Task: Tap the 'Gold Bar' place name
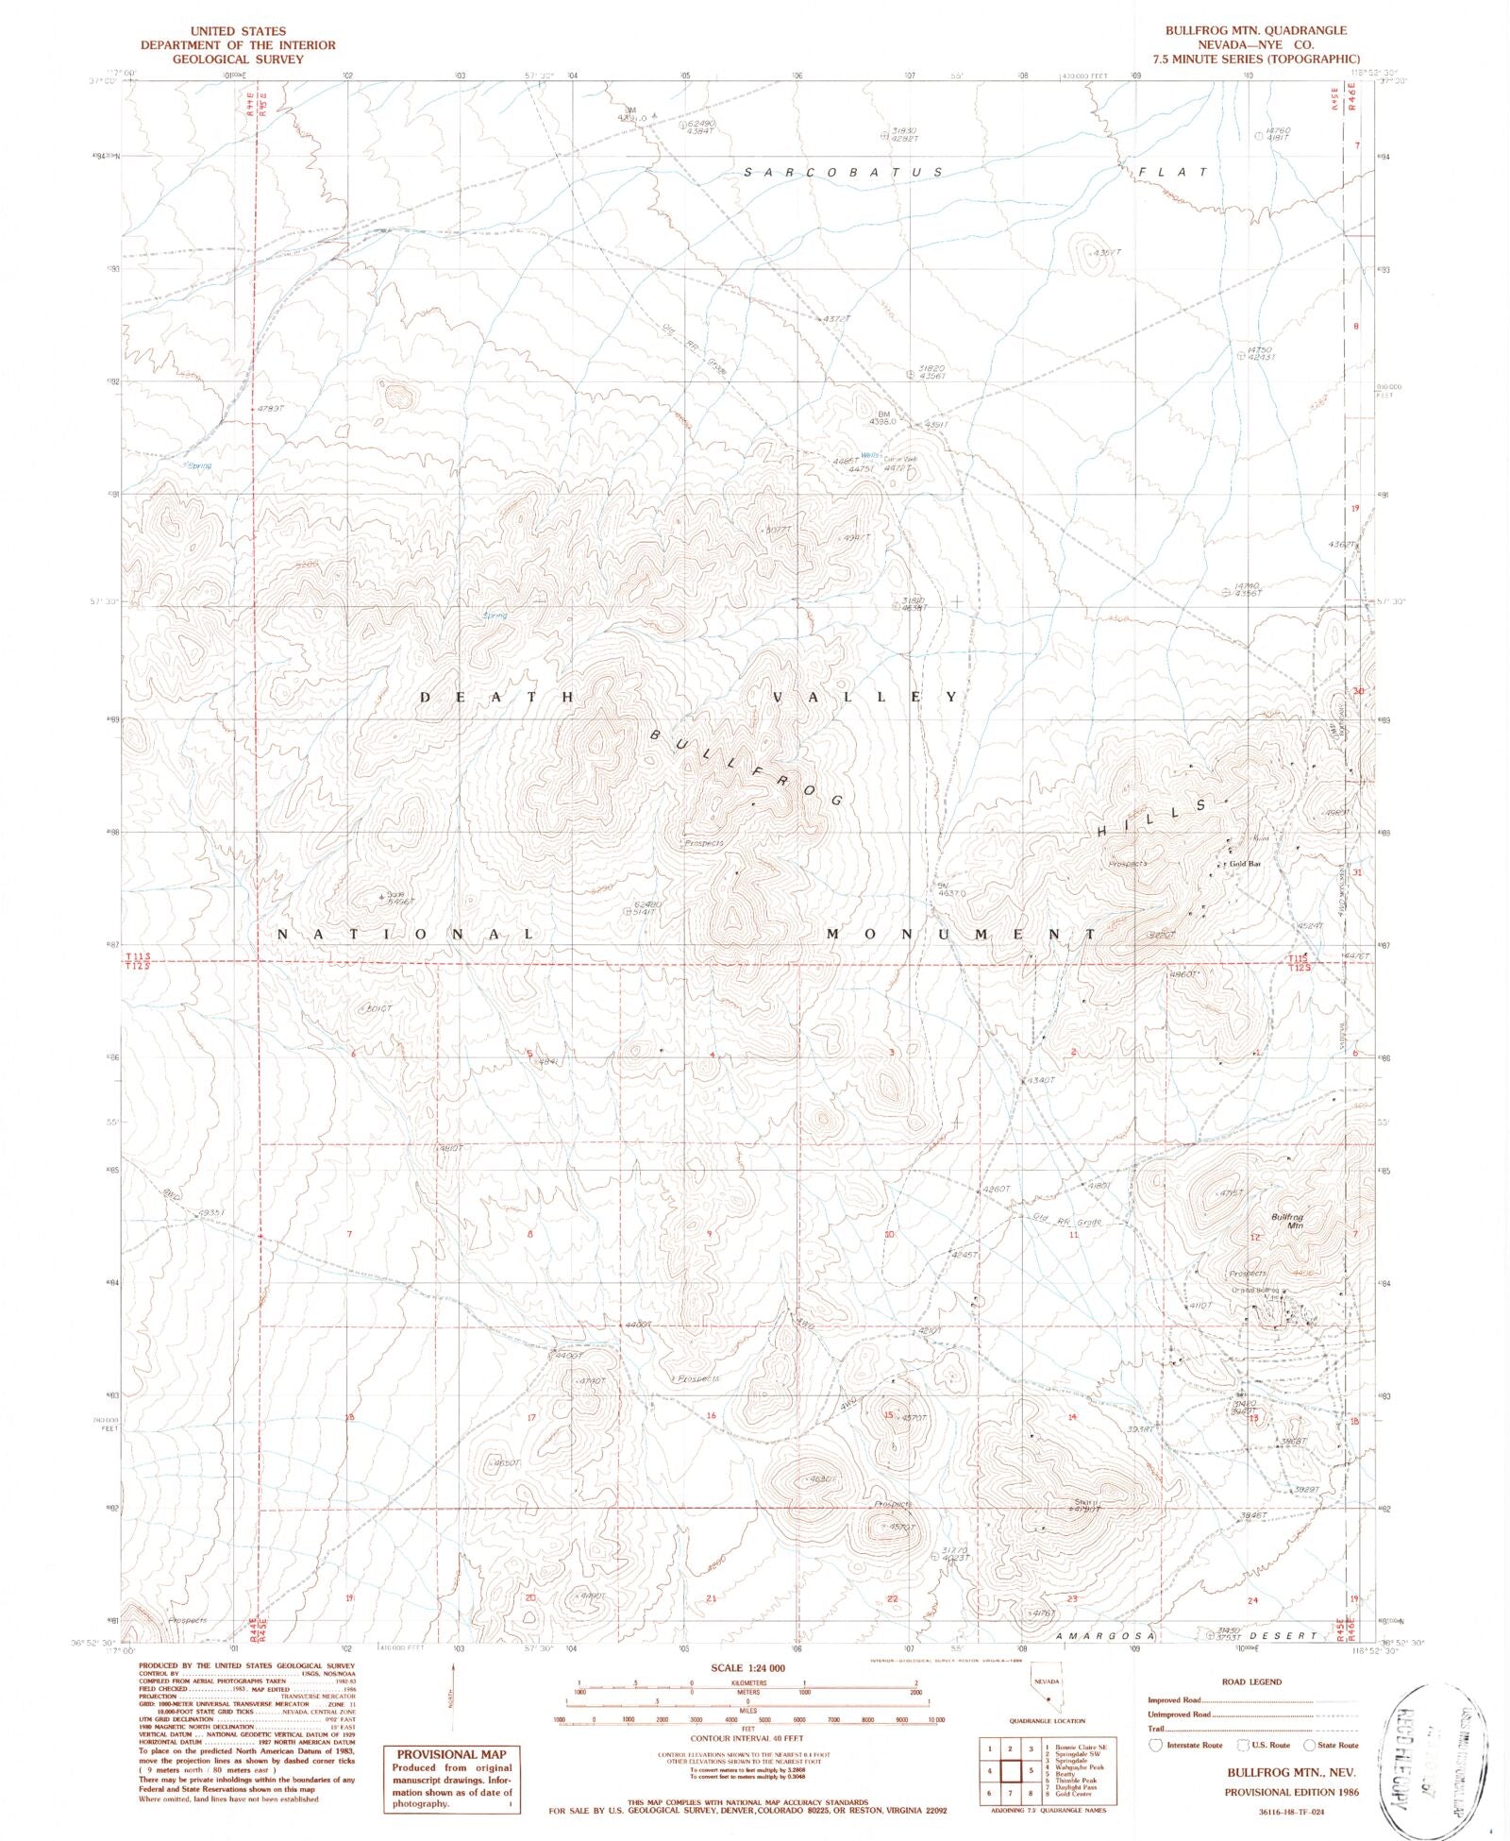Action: click(x=1243, y=864)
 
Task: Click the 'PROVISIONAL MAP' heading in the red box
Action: click(x=447, y=1754)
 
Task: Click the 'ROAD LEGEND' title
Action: click(x=1251, y=1681)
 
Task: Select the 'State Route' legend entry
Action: click(x=1336, y=1746)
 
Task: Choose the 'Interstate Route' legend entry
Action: click(x=1193, y=1746)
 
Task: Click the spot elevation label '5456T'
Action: click(x=401, y=903)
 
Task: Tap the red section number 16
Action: click(x=711, y=1415)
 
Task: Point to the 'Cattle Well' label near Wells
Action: click(x=899, y=459)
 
